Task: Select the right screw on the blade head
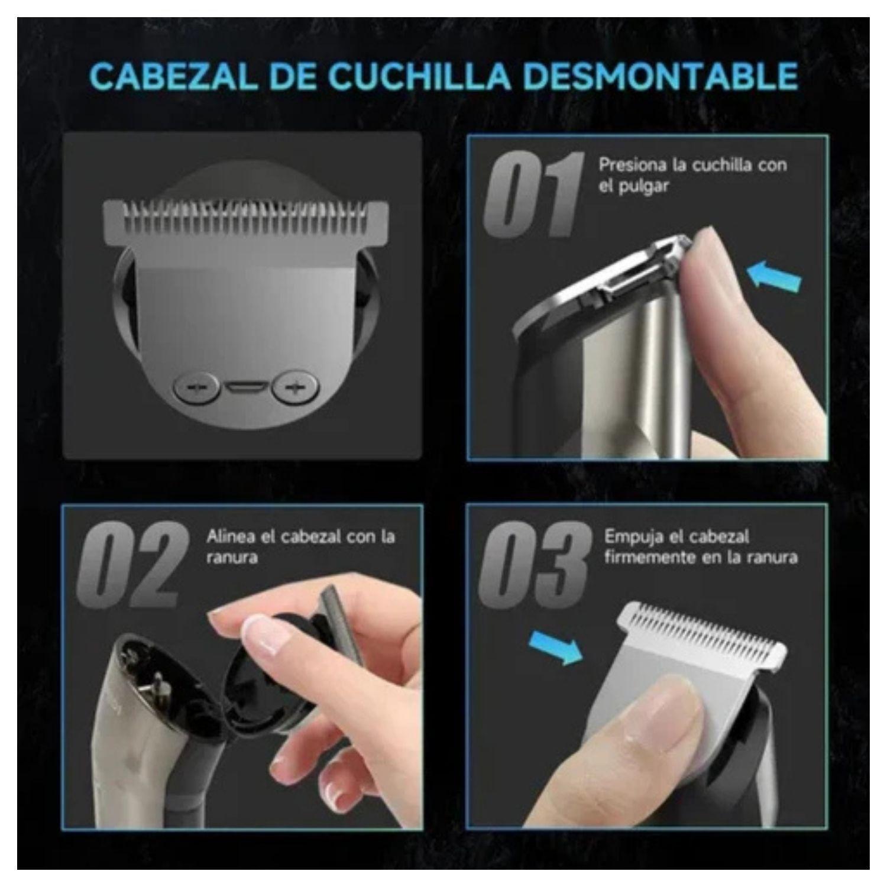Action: click(x=295, y=387)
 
